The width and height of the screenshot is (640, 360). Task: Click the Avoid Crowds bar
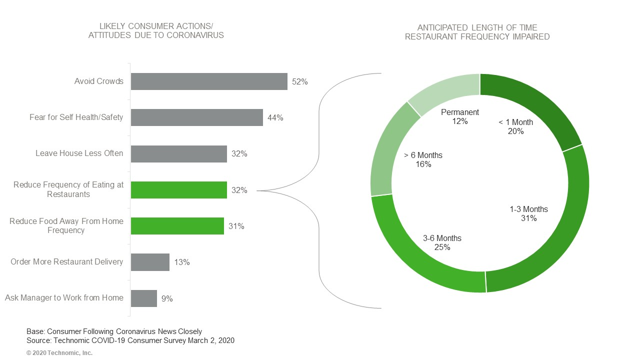pyautogui.click(x=209, y=81)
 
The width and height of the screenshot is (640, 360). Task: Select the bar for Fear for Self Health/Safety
pyautogui.click(x=197, y=117)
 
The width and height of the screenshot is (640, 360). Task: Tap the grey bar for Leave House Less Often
pyautogui.click(x=179, y=154)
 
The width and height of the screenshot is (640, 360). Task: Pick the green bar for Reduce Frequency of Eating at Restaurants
pyautogui.click(x=179, y=190)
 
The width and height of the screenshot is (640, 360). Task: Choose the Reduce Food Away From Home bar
pyautogui.click(x=177, y=226)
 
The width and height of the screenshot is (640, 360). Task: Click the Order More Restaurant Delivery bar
pyautogui.click(x=150, y=262)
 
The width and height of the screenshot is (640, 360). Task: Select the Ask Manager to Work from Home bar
pyautogui.click(x=144, y=298)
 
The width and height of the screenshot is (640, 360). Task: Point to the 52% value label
pyautogui.click(x=299, y=82)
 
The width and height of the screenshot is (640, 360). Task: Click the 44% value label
pyautogui.click(x=275, y=118)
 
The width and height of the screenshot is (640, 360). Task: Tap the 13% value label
pyautogui.click(x=182, y=262)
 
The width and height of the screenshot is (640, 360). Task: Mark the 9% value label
pyautogui.click(x=167, y=298)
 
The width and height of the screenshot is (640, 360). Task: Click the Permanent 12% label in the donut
pyautogui.click(x=459, y=116)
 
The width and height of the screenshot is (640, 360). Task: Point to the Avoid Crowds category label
pyautogui.click(x=98, y=81)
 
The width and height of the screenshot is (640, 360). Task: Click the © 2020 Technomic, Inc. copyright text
pyautogui.click(x=59, y=353)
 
